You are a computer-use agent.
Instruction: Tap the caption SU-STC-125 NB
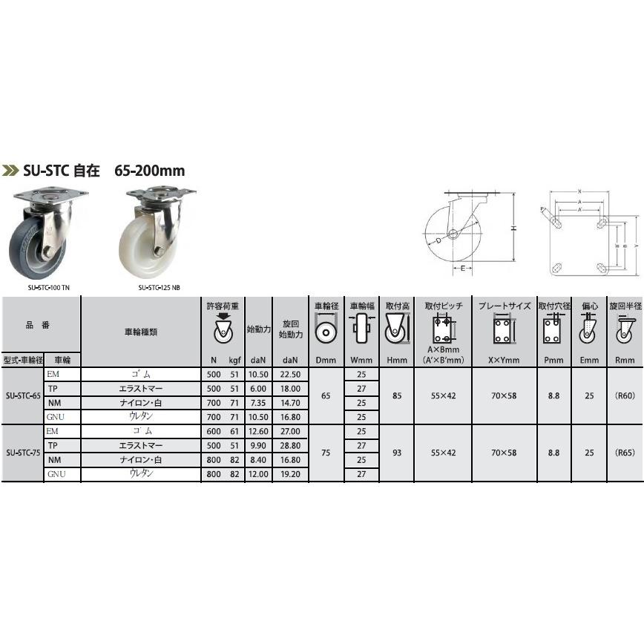[x=158, y=288]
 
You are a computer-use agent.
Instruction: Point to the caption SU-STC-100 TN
[x=49, y=288]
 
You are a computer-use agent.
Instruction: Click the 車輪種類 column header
[x=140, y=332]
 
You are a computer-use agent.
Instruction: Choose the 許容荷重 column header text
[x=223, y=306]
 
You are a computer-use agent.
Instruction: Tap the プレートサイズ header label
[x=505, y=306]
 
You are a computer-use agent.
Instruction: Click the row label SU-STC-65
[x=22, y=396]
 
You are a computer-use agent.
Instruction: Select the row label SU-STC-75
[x=22, y=453]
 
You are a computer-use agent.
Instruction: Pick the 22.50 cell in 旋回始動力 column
[x=289, y=375]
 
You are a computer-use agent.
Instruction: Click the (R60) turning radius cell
[x=625, y=396]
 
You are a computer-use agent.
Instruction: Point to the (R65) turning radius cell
[x=625, y=453]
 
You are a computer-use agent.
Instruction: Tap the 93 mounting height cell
[x=397, y=453]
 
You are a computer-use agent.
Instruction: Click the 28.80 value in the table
[x=289, y=446]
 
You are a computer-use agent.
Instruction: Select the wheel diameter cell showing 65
[x=325, y=396]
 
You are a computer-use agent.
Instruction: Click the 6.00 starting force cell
[x=259, y=389]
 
